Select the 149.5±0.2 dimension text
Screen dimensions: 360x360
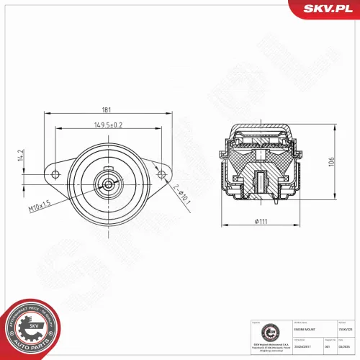tap(107, 125)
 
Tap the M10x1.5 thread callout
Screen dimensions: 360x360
tap(40, 208)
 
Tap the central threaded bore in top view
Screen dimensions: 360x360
tap(108, 184)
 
